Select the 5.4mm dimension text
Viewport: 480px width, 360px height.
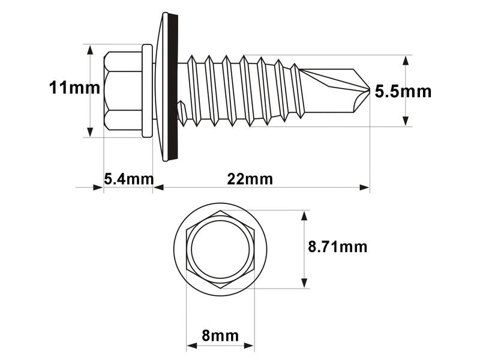128,179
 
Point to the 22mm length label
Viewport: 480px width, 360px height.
250,179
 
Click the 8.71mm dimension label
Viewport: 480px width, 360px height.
337,247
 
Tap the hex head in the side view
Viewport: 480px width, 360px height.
123,91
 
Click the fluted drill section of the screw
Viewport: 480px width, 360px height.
333,90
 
